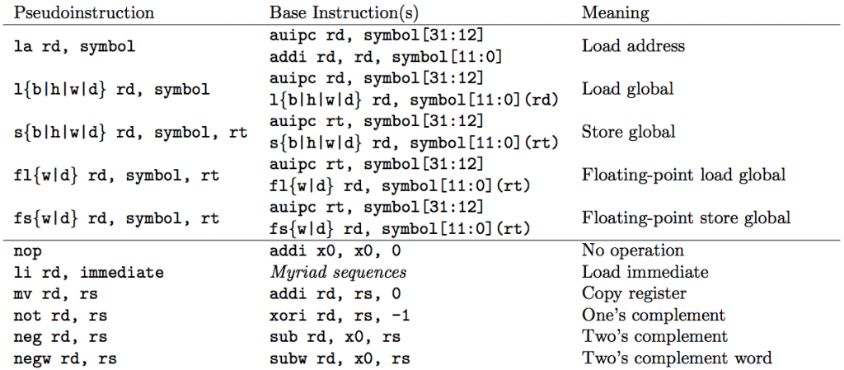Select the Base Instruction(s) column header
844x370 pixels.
pyautogui.click(x=344, y=12)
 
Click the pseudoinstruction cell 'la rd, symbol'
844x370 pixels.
pyautogui.click(x=74, y=47)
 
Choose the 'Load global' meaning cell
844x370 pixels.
pyautogui.click(x=627, y=89)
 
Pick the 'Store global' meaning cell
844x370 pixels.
pyautogui.click(x=629, y=132)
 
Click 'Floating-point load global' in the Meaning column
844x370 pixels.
pyautogui.click(x=683, y=175)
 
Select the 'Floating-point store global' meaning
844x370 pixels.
pyautogui.click(x=686, y=218)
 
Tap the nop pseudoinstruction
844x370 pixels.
pyautogui.click(x=26, y=251)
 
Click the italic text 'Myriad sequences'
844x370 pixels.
pyautogui.click(x=337, y=272)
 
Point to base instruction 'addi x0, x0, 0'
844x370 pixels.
pyautogui.click(x=335, y=251)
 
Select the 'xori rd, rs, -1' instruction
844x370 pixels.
pyautogui.click(x=339, y=315)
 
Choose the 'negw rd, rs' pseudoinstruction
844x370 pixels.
pyautogui.click(x=65, y=358)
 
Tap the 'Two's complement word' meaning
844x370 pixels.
pyautogui.click(x=677, y=358)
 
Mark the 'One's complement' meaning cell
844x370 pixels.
pyautogui.click(x=654, y=315)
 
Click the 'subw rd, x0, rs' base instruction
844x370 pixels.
pyautogui.click(x=339, y=358)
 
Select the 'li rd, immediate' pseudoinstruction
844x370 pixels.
pyautogui.click(x=89, y=273)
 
